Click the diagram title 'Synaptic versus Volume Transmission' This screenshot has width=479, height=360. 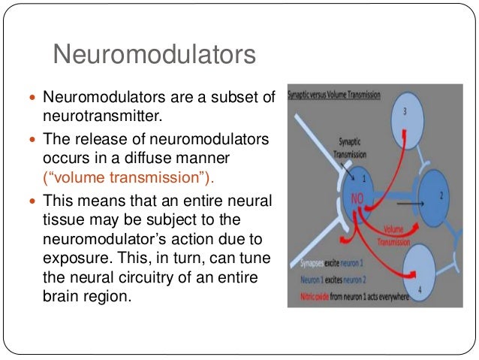coord(334,96)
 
